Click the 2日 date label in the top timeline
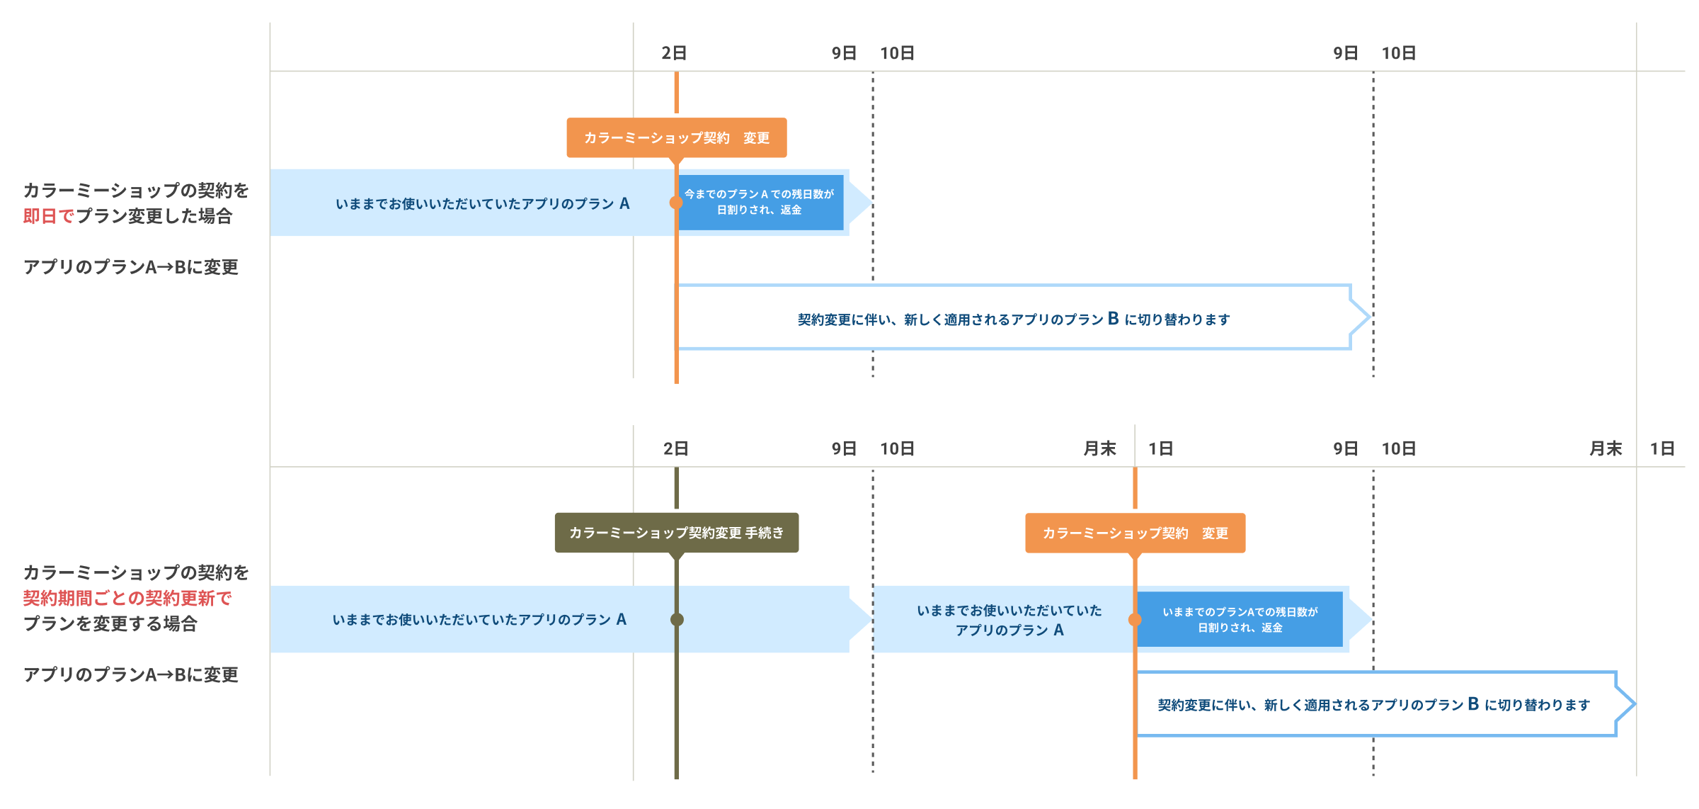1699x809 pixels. point(674,53)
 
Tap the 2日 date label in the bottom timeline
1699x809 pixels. point(675,448)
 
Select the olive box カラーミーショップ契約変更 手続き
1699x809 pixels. point(676,533)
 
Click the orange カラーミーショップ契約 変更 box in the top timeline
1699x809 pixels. point(676,137)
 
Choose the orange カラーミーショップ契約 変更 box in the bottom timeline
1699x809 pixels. point(1135,533)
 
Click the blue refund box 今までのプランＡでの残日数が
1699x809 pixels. point(760,202)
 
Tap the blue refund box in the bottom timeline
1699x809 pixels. point(1240,619)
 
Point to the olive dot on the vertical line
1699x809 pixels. point(677,619)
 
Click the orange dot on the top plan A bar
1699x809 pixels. point(676,203)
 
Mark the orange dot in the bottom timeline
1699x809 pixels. point(1135,620)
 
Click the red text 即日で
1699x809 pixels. point(48,216)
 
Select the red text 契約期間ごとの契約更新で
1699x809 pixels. point(127,598)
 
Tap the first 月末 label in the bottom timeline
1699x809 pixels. point(1099,448)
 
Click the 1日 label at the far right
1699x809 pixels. point(1661,448)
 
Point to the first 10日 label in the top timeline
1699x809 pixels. point(897,53)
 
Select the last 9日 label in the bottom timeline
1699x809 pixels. point(1345,448)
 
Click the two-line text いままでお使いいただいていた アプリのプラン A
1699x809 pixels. point(1009,620)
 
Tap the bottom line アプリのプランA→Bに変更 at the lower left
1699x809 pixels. point(131,674)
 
